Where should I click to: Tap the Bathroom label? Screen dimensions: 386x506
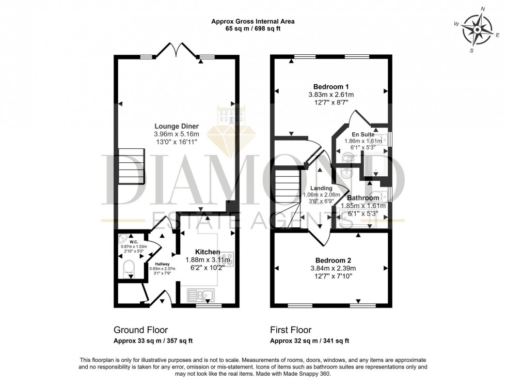[363, 197]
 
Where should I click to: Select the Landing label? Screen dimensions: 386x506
[321, 188]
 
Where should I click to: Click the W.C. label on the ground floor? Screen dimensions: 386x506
[133, 241]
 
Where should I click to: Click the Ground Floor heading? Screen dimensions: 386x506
[140, 330]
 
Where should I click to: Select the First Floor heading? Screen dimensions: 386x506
[291, 330]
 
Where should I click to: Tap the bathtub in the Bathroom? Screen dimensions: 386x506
[357, 218]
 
